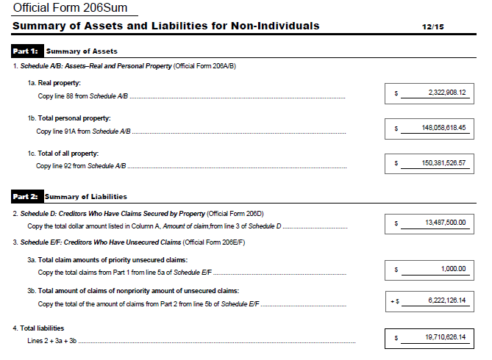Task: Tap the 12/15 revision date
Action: [432, 26]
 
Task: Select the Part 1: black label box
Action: [26, 51]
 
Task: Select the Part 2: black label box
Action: [26, 196]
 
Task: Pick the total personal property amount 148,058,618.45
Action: [443, 128]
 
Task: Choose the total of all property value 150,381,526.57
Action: [443, 163]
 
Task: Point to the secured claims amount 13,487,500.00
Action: [445, 223]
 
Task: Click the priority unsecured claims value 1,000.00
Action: [453, 269]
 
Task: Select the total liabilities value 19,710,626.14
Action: [445, 337]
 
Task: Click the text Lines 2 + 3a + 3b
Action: [51, 341]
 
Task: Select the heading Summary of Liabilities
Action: [86, 196]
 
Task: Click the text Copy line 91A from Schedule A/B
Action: [83, 132]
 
